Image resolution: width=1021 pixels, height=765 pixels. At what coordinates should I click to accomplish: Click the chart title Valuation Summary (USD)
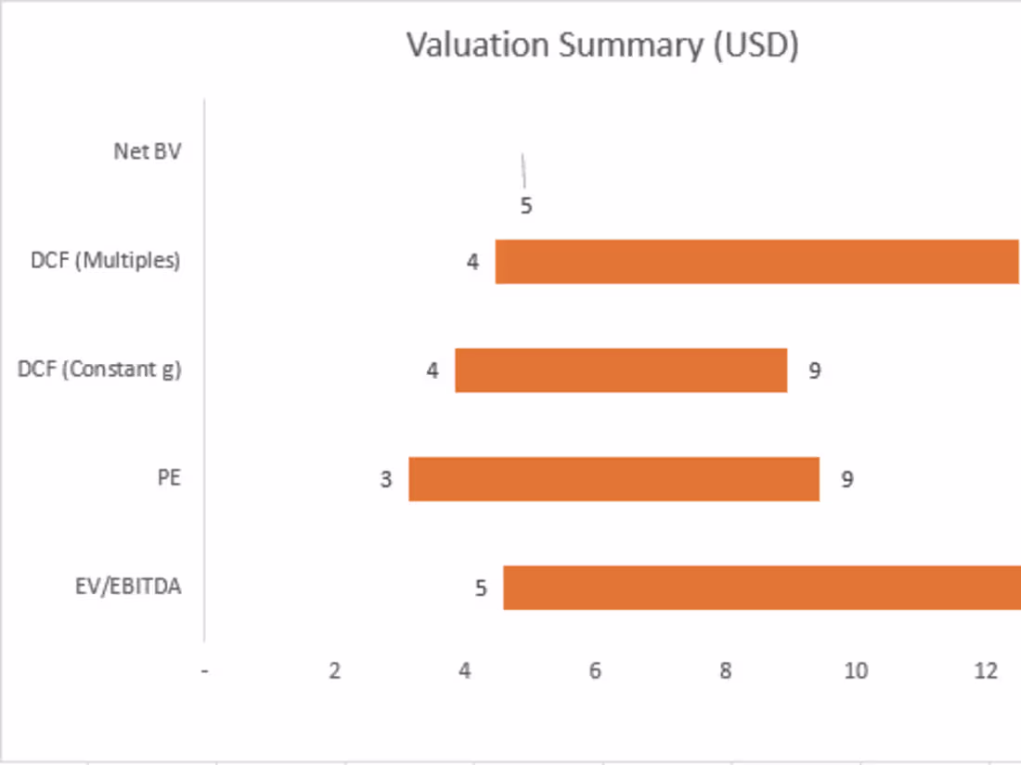pos(602,45)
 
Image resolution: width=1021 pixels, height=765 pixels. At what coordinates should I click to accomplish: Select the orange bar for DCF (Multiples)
pos(756,262)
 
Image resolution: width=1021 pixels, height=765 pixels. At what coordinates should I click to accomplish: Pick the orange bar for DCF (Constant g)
pos(621,370)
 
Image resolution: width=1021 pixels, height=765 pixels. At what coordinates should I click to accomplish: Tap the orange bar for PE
pos(614,479)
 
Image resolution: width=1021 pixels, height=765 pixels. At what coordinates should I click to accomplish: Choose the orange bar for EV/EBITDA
pos(761,588)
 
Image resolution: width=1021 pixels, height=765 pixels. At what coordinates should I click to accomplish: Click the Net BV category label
pos(147,151)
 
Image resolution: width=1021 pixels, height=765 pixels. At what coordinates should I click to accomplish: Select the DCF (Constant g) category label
pos(99,370)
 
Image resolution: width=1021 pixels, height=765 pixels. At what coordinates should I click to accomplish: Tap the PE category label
pos(168,478)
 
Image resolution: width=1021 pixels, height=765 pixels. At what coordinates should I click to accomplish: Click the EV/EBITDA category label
pos(128,587)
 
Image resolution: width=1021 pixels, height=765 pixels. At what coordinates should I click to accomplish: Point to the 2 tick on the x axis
pos(335,671)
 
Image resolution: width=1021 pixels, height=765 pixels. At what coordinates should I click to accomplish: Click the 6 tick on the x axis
pos(595,671)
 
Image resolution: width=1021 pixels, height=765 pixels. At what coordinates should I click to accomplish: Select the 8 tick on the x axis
pos(726,671)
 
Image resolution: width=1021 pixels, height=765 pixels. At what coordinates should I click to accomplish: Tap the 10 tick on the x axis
pos(856,671)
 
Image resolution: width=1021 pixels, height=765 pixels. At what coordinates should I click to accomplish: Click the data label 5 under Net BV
pos(526,206)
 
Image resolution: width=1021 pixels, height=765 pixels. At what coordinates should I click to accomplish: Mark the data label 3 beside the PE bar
pos(386,480)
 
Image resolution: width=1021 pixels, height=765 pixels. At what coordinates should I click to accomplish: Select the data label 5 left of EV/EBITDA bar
pos(481,589)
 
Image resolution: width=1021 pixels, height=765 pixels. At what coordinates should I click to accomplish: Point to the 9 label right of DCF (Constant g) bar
pos(814,371)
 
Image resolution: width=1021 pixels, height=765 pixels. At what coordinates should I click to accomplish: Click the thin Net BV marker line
pos(523,171)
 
